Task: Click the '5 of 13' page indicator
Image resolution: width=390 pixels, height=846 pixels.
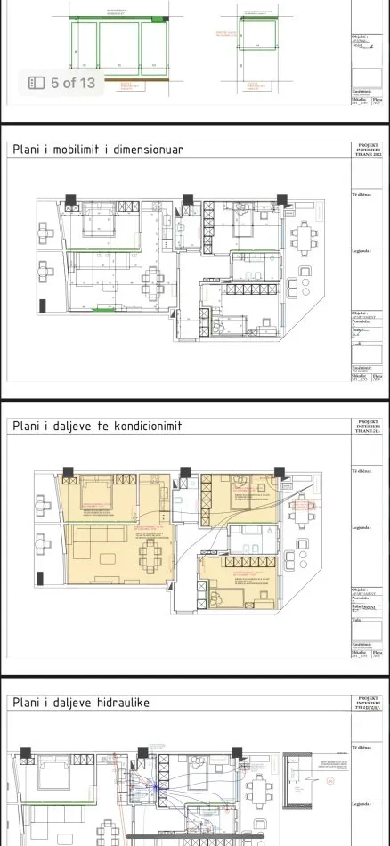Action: tap(72, 83)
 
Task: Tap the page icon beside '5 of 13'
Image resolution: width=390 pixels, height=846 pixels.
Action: tap(37, 83)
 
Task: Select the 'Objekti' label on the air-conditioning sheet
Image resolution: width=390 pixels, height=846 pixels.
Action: tap(361, 590)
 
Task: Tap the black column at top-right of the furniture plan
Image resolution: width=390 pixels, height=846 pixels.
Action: tap(282, 199)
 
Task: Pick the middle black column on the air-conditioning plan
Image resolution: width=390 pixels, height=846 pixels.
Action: tap(184, 472)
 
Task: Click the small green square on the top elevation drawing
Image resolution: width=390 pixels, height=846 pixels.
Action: tap(158, 20)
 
